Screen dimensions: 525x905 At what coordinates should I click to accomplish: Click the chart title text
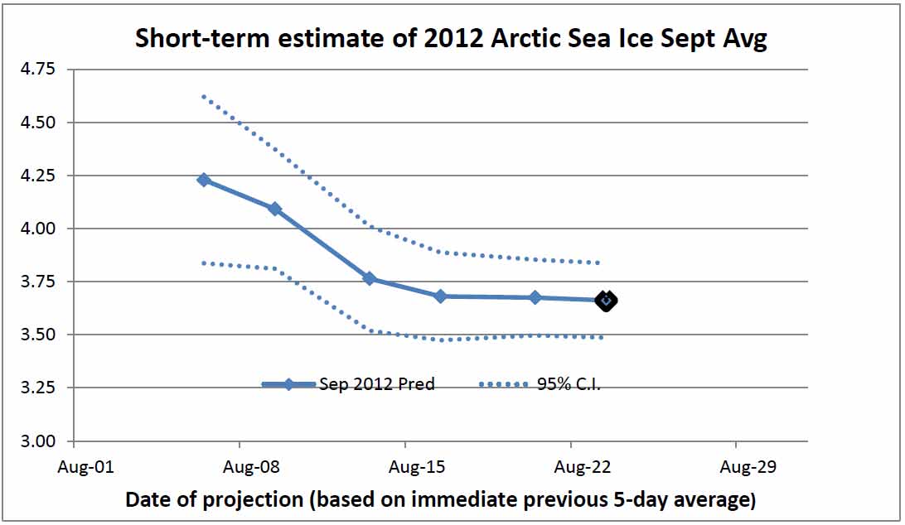point(451,39)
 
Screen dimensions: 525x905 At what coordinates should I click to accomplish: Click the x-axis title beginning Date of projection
point(440,500)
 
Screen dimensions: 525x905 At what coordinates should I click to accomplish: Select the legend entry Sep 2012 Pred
point(376,384)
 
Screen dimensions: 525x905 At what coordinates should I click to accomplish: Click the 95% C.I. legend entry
point(568,384)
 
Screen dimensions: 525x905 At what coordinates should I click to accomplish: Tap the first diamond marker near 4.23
point(204,180)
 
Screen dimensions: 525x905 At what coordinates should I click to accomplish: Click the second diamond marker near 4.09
point(275,209)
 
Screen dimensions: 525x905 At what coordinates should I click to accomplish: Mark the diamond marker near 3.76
point(370,279)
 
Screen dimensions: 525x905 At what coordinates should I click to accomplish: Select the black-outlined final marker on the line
point(606,301)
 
